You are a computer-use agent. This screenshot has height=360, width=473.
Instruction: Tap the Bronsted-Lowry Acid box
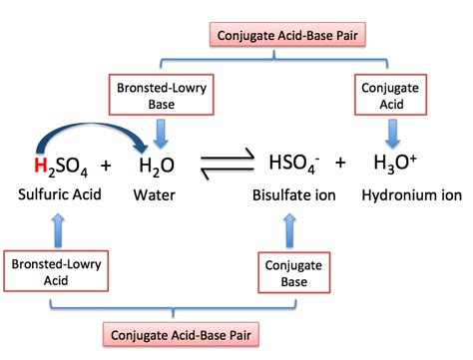(x=45, y=272)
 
